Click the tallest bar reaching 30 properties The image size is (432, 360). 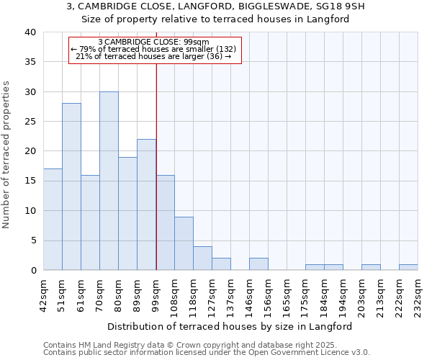pyautogui.click(x=109, y=181)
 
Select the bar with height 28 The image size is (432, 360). pyautogui.click(x=71, y=186)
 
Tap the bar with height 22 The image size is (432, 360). pyautogui.click(x=146, y=204)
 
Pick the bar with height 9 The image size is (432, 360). pyautogui.click(x=184, y=243)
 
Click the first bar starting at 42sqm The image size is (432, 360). pyautogui.click(x=53, y=220)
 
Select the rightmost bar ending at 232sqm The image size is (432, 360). pyautogui.click(x=408, y=267)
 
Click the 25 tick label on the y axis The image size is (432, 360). pyautogui.click(x=31, y=122)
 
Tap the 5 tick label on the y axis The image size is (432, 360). pyautogui.click(x=33, y=240)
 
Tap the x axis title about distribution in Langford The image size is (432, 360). pyautogui.click(x=234, y=326)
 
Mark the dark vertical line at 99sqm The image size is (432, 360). pyautogui.click(x=156, y=166)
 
